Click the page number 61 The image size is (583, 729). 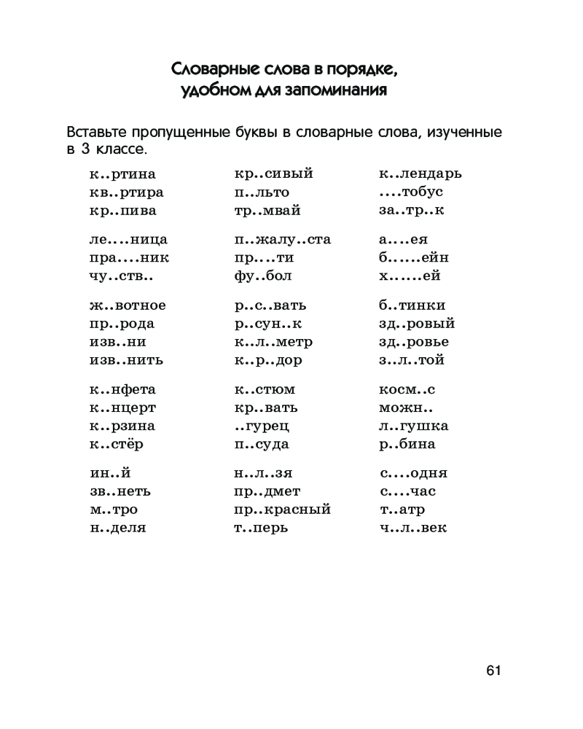(492, 671)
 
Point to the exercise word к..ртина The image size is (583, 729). (123, 175)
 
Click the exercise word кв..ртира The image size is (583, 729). (127, 193)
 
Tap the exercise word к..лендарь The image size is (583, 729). (420, 175)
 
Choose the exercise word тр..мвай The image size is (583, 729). (267, 211)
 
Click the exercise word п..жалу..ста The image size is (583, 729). (283, 240)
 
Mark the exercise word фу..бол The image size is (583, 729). (263, 276)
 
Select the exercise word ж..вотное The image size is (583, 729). (128, 305)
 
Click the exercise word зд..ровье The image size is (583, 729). (414, 342)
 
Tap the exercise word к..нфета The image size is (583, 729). (123, 389)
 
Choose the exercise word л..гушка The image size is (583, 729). (414, 426)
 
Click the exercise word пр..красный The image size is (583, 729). (283, 510)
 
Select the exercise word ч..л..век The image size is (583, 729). (413, 528)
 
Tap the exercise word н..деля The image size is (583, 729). (118, 528)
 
